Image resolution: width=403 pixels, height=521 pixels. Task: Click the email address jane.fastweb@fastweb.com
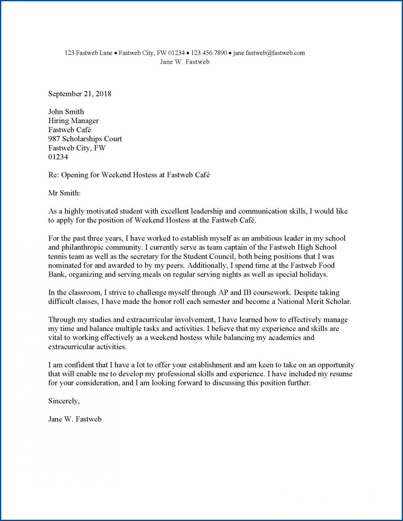[269, 53]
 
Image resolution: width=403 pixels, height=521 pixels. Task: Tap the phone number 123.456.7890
[209, 53]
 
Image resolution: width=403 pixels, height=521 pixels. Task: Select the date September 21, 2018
[80, 94]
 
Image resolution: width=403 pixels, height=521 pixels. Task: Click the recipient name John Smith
[66, 112]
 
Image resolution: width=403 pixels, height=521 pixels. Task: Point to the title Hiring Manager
[73, 121]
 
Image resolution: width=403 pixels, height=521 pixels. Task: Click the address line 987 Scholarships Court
[85, 139]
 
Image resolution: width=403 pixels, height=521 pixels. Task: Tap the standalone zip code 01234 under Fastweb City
[58, 157]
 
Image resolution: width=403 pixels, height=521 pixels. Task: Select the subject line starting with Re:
[129, 175]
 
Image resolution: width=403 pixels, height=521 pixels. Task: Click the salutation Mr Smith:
[64, 193]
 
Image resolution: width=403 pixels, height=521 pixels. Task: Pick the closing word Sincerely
[64, 401]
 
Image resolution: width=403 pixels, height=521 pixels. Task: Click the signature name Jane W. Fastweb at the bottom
[75, 419]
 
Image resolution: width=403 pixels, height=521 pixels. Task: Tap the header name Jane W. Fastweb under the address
[185, 62]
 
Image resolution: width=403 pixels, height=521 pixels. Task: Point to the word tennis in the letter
[58, 256]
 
